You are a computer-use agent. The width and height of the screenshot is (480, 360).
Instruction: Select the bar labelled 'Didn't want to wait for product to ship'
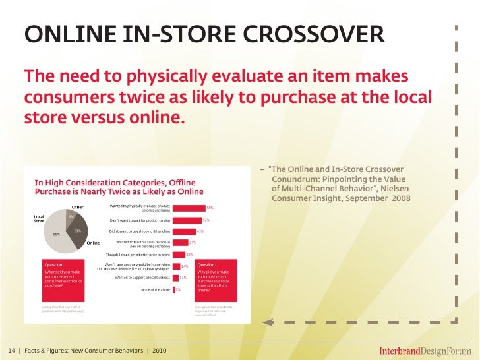[x=185, y=220]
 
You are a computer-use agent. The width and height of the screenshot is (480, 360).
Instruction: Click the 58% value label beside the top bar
[x=210, y=208]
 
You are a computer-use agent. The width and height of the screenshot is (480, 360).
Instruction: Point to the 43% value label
[x=200, y=231]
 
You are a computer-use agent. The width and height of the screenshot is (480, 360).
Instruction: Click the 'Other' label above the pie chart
[x=78, y=208]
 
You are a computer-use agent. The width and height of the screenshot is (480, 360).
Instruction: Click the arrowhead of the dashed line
[x=267, y=322]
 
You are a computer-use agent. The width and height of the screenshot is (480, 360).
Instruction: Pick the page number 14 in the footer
[x=13, y=349]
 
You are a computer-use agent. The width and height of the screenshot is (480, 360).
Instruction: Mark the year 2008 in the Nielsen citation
[x=401, y=198]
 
